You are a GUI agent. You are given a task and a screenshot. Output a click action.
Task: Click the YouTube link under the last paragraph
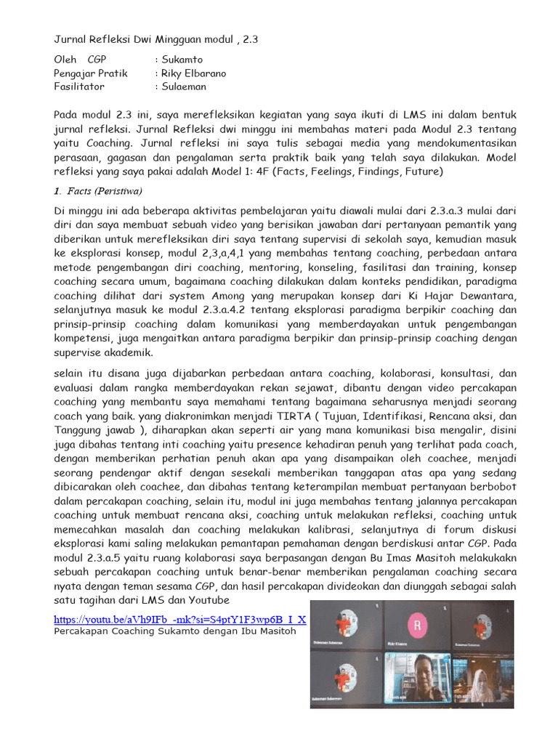point(180,619)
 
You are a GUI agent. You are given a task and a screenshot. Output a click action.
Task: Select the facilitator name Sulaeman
point(185,86)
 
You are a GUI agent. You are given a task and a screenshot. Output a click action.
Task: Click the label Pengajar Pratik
point(91,73)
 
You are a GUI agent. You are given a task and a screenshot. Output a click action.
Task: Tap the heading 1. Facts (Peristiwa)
point(98,191)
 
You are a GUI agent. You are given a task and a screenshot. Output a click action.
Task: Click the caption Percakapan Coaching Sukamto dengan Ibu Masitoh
point(175,631)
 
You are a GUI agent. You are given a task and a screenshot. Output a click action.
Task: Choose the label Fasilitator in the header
point(79,86)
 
